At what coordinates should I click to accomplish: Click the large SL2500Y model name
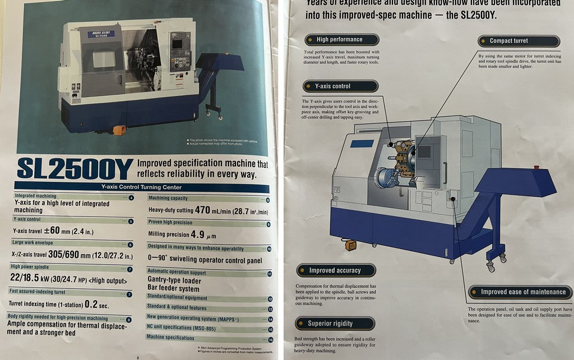[75, 169]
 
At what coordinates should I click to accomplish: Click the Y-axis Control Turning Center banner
[141, 187]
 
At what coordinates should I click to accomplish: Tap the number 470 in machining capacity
[202, 210]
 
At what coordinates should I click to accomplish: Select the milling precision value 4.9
[200, 234]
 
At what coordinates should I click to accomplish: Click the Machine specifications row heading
[170, 338]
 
